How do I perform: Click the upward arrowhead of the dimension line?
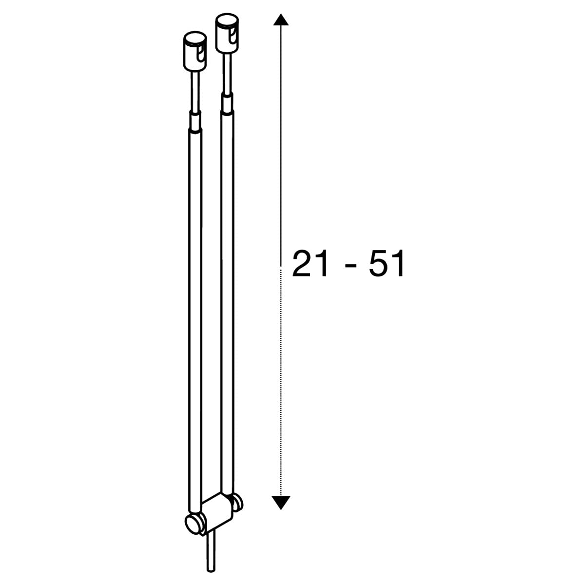[280, 20]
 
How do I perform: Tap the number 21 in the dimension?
[310, 263]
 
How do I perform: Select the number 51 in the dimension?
[387, 263]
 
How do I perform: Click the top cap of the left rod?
[195, 51]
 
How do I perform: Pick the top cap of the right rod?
[227, 34]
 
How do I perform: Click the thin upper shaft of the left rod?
[195, 91]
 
